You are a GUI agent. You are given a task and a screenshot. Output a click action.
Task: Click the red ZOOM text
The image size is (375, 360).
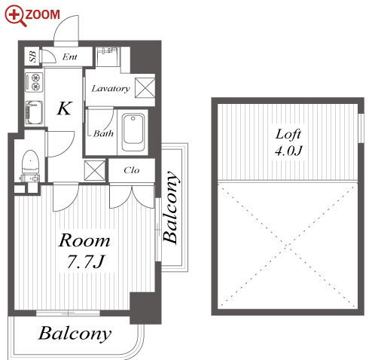click(42, 14)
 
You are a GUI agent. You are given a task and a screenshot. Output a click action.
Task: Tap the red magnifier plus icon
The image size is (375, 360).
click(16, 16)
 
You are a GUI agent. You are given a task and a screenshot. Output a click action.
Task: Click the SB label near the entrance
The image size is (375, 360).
click(32, 56)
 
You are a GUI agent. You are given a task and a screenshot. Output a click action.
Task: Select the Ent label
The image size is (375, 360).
click(69, 57)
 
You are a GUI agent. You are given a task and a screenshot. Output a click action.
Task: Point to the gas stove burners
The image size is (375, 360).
click(35, 81)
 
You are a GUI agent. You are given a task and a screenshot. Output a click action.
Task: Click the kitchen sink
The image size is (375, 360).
click(35, 112)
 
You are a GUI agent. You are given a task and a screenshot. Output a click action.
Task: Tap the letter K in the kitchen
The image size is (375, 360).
click(64, 108)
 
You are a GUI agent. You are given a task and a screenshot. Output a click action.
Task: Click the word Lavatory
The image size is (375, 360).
click(111, 89)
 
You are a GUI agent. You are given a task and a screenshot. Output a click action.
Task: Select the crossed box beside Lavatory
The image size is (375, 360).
click(145, 87)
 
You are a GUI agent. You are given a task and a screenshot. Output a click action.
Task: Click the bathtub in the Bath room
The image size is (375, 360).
click(133, 133)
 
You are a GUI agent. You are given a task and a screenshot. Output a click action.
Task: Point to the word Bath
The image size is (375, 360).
click(103, 133)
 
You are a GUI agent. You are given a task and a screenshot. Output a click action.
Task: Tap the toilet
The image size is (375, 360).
click(30, 165)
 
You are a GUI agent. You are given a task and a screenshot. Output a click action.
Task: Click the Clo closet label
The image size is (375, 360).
click(131, 170)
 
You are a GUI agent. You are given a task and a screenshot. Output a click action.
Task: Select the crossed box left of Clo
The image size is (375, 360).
click(95, 170)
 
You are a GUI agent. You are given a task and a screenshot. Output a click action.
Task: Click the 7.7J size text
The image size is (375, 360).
click(86, 261)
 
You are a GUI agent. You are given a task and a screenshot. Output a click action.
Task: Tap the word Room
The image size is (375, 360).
click(84, 240)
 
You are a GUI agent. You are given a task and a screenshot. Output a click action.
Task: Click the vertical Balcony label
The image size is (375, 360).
click(172, 207)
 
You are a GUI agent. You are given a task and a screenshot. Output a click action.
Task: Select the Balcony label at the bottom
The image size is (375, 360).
click(75, 334)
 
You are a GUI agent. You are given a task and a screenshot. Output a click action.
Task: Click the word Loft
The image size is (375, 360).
click(288, 134)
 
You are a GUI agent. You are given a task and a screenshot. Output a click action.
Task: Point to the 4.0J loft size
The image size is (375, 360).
click(288, 151)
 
